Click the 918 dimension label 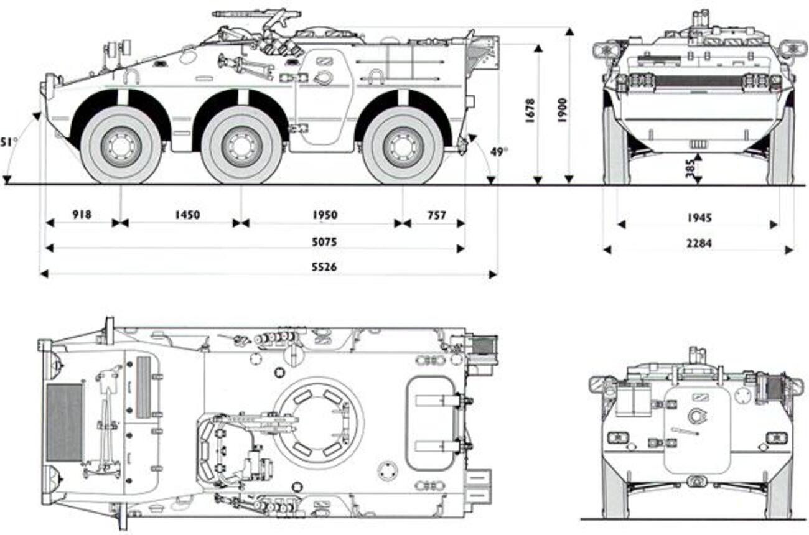pyautogui.click(x=82, y=215)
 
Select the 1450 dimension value pyautogui.click(x=187, y=215)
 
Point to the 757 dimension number pyautogui.click(x=437, y=215)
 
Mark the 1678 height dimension pyautogui.click(x=530, y=111)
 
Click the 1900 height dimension pyautogui.click(x=562, y=111)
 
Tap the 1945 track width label pyautogui.click(x=699, y=218)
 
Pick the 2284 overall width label pyautogui.click(x=699, y=243)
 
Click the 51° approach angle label pyautogui.click(x=9, y=142)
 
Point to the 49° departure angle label pyautogui.click(x=498, y=151)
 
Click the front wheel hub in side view pyautogui.click(x=121, y=146)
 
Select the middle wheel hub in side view pyautogui.click(x=241, y=146)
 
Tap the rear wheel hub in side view pyautogui.click(x=403, y=146)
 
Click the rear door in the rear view pyautogui.click(x=697, y=429)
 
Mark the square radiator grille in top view pyautogui.click(x=65, y=422)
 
